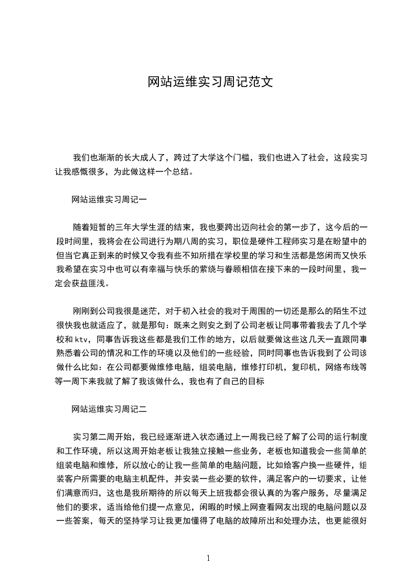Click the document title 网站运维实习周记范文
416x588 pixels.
click(208, 82)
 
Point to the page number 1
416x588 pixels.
click(208, 558)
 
